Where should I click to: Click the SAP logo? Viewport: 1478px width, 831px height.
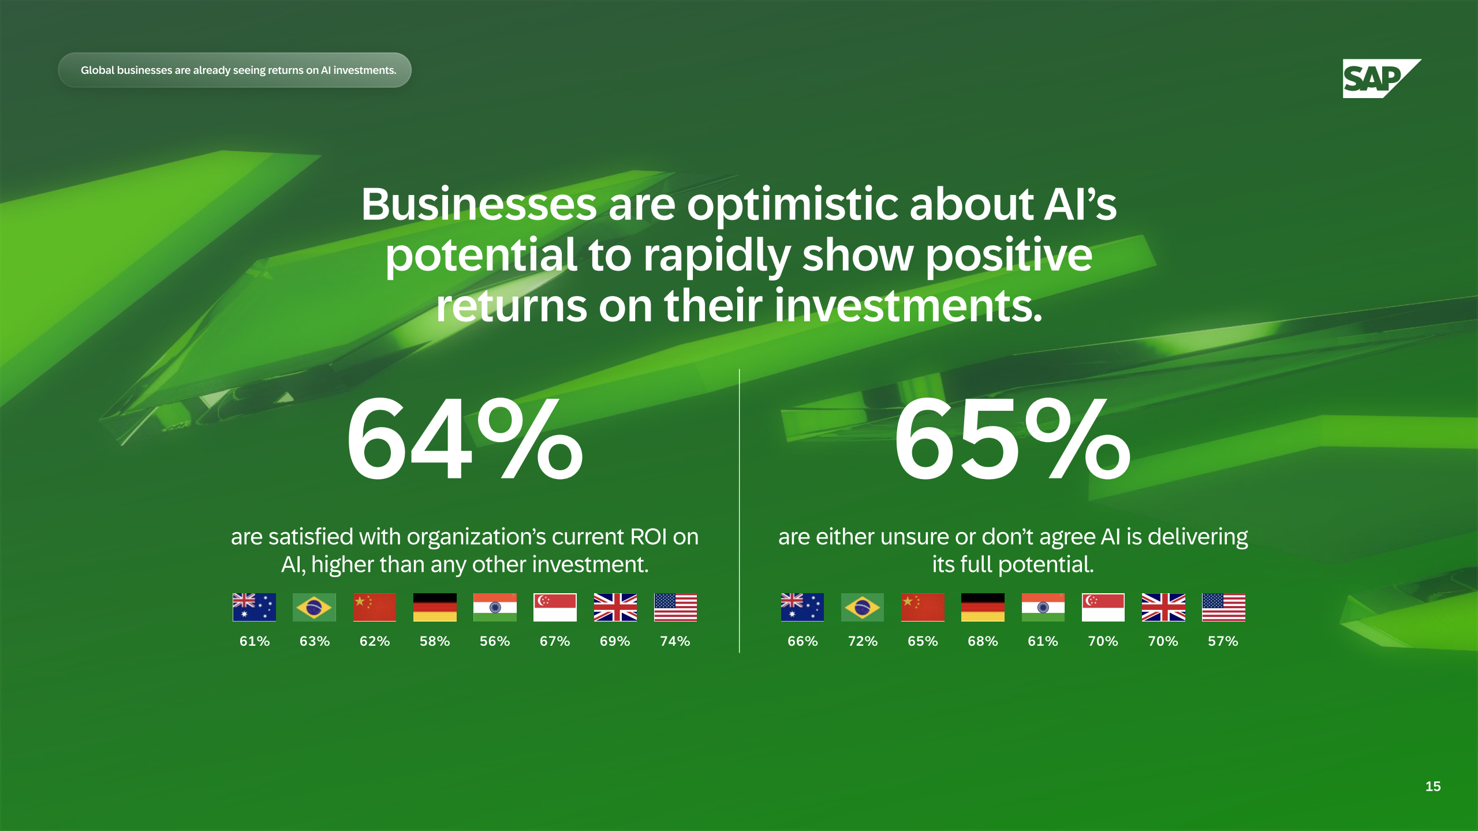1382,78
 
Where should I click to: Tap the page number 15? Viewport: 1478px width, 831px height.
1433,786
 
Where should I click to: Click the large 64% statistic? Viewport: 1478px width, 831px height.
465,439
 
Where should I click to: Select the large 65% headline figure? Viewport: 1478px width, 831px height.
1012,439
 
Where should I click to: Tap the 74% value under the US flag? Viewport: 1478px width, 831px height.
675,641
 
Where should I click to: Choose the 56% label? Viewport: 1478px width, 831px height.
495,641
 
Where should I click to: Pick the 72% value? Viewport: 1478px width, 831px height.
863,641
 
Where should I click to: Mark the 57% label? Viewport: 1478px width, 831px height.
1223,641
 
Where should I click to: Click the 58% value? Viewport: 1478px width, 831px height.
435,641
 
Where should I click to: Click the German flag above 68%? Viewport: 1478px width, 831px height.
983,607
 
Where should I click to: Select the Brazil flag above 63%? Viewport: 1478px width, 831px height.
314,607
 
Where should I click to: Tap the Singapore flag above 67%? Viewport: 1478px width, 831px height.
555,607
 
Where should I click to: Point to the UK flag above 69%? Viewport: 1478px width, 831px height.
615,607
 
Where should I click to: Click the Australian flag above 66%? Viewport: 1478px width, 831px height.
803,607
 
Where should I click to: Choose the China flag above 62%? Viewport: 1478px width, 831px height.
375,607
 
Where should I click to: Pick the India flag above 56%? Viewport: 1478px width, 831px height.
495,607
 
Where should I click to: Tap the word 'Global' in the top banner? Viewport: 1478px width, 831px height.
98,70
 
